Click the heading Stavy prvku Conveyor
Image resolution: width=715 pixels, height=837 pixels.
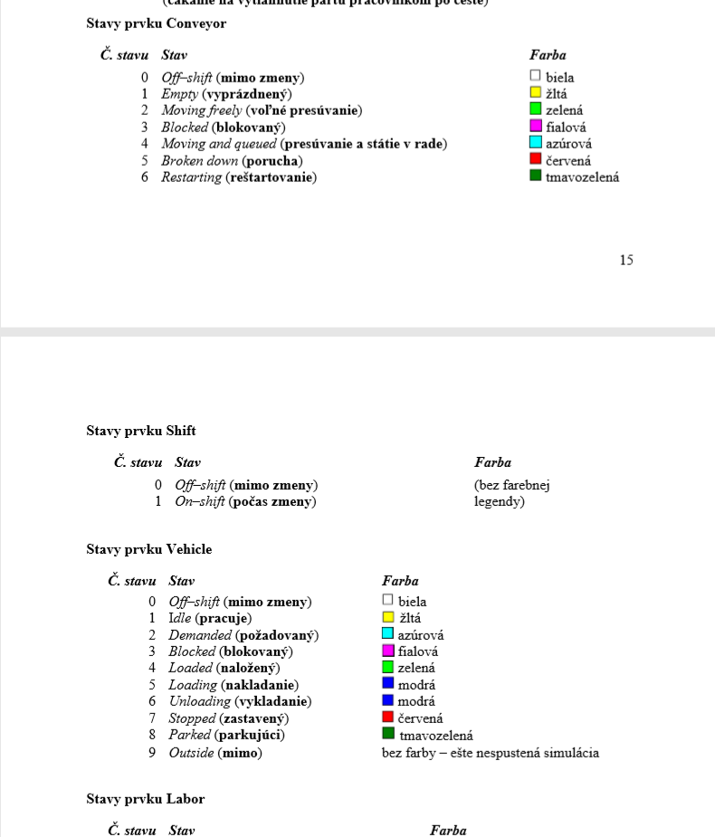pyautogui.click(x=156, y=24)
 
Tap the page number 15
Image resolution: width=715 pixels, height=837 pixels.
pyautogui.click(x=626, y=261)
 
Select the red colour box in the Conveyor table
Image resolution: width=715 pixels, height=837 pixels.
pyautogui.click(x=536, y=159)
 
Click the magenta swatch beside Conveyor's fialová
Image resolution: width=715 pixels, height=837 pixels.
pyautogui.click(x=536, y=126)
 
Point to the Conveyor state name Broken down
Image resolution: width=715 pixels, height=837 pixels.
pyautogui.click(x=200, y=161)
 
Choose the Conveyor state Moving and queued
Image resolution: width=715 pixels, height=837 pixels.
pyautogui.click(x=219, y=144)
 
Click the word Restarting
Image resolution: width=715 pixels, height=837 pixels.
pyautogui.click(x=191, y=177)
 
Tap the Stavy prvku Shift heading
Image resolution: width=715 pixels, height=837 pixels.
pyautogui.click(x=140, y=431)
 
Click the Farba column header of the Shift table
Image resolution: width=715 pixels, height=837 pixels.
pyautogui.click(x=492, y=462)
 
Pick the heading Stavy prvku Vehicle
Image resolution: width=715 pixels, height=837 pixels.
pyautogui.click(x=148, y=549)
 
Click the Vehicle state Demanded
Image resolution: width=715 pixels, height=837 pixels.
pyautogui.click(x=200, y=635)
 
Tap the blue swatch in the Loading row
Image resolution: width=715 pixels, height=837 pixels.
pyautogui.click(x=388, y=684)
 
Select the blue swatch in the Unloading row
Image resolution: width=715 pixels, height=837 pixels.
pyautogui.click(x=388, y=700)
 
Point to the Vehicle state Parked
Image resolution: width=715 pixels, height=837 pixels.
pyautogui.click(x=190, y=735)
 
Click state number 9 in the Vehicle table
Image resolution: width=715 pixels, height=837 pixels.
pyautogui.click(x=153, y=752)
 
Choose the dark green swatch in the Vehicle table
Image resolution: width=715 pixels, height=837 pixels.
pyautogui.click(x=388, y=734)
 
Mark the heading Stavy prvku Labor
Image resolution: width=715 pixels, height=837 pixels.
pyautogui.click(x=145, y=799)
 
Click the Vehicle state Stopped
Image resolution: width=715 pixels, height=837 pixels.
pyautogui.click(x=193, y=718)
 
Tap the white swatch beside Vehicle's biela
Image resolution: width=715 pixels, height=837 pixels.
pyautogui.click(x=388, y=600)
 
